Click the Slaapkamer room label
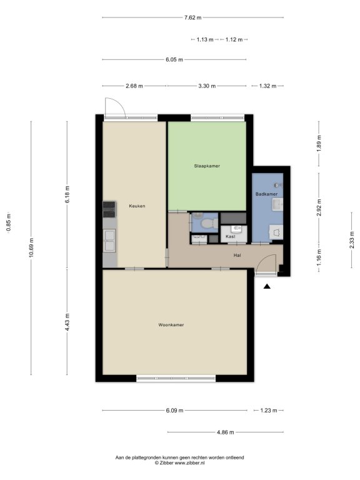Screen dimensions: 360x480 (x=207, y=166)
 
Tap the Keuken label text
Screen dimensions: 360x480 (x=137, y=206)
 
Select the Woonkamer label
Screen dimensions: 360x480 (x=171, y=325)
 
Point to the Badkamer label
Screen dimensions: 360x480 (x=267, y=194)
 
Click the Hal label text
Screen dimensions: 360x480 (x=237, y=255)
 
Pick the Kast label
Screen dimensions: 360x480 (x=231, y=236)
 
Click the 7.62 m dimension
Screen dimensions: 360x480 (x=193, y=17)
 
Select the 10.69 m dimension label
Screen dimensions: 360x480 (x=31, y=247)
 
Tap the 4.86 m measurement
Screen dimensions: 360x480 (x=225, y=432)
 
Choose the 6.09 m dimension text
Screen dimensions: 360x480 (x=174, y=411)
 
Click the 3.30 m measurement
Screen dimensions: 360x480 (x=207, y=86)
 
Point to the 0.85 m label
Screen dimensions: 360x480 (x=9, y=222)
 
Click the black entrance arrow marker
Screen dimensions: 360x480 (x=267, y=286)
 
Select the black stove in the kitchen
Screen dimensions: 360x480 (x=109, y=209)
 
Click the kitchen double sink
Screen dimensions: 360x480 (x=109, y=241)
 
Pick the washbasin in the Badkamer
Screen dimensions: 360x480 (x=277, y=204)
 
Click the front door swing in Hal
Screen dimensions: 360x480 (x=266, y=263)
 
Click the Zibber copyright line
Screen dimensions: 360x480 (x=180, y=463)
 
